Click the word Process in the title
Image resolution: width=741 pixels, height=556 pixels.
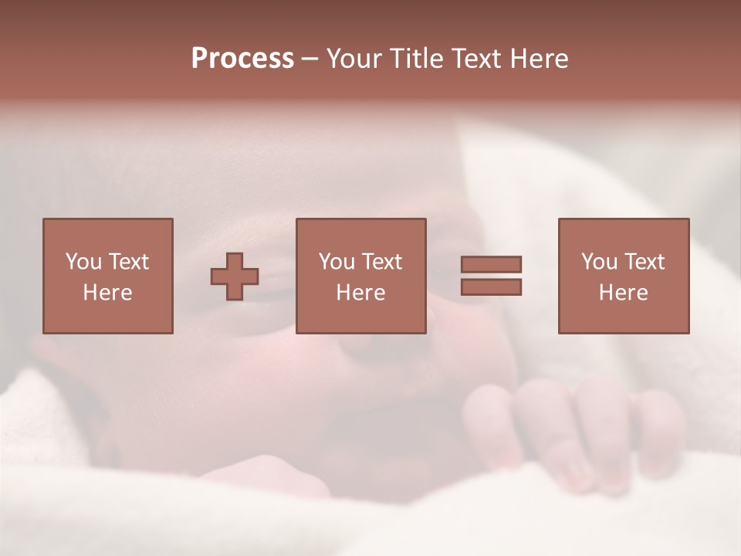click(242, 59)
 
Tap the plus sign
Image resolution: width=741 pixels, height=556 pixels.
click(235, 276)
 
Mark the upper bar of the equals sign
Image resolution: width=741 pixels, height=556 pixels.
click(491, 264)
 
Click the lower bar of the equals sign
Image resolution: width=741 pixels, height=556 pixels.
click(491, 286)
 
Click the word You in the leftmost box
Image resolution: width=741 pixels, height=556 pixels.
click(83, 262)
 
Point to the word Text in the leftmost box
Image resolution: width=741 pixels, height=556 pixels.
click(128, 262)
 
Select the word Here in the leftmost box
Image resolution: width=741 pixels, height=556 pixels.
click(108, 293)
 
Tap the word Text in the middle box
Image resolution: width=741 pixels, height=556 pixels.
click(381, 262)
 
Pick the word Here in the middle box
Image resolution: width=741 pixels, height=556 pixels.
click(361, 293)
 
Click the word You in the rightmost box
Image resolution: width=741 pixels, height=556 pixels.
click(599, 262)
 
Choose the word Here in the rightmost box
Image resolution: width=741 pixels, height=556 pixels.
click(624, 293)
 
